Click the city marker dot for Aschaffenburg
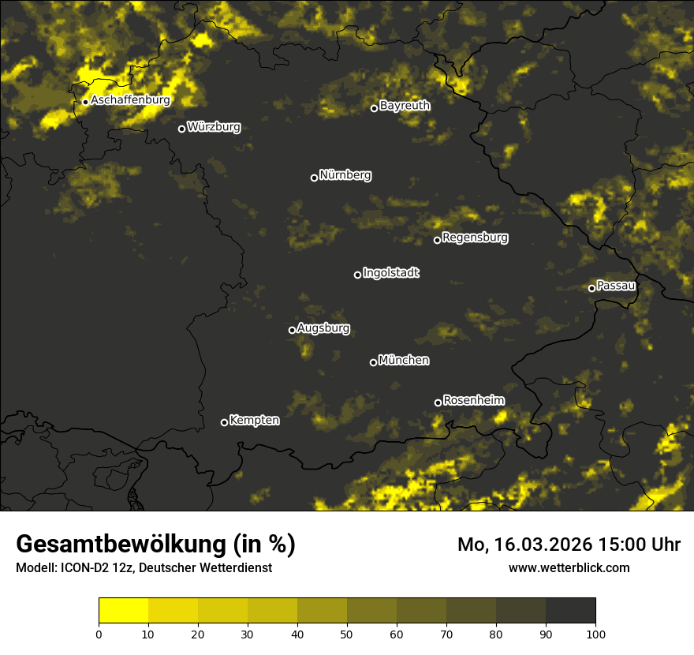[x=85, y=102]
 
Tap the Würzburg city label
[x=214, y=127]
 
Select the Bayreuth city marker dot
[x=375, y=108]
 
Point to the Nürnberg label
[x=345, y=175]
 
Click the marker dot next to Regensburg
[x=437, y=240]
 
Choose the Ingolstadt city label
[x=391, y=273]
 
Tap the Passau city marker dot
[x=591, y=288]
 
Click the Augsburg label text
[x=323, y=328]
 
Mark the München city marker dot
[x=373, y=363]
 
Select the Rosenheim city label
[x=473, y=401]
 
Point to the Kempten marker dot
[x=224, y=422]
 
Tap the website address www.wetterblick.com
[x=569, y=567]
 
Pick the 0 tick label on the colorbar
[x=99, y=633]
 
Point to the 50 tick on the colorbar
[x=347, y=633]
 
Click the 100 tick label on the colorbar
[x=595, y=633]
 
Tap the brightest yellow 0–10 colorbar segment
[x=123, y=610]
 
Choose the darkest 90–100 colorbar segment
[x=570, y=610]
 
